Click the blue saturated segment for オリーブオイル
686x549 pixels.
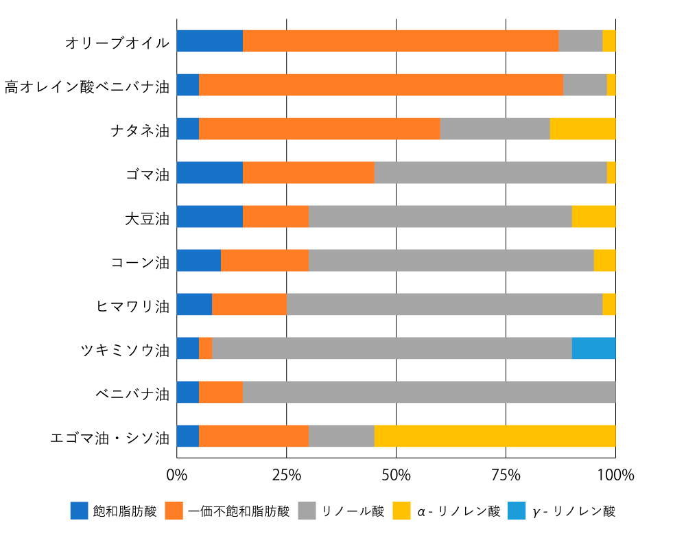tap(209, 41)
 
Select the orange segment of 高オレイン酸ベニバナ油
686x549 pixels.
tap(381, 85)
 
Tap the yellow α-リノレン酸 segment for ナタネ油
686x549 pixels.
tap(582, 129)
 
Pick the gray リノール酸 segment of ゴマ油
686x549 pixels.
tap(490, 173)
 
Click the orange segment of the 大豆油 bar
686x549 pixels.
tap(275, 217)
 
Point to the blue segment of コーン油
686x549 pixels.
tap(198, 261)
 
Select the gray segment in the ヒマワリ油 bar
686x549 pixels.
tap(444, 305)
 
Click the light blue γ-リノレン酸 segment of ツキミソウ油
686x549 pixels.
tap(593, 349)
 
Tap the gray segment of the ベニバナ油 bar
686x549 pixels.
tap(429, 393)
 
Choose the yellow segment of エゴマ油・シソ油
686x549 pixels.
tap(495, 436)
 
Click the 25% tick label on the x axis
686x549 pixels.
tap(286, 475)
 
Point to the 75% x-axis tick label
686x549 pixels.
tap(506, 475)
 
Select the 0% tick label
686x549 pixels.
tap(176, 475)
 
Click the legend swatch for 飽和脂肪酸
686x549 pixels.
tap(79, 511)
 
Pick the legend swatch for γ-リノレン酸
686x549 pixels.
tap(516, 511)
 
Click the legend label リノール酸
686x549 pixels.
tap(353, 512)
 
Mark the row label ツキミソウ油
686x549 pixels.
tap(124, 349)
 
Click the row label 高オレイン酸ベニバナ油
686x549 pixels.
tap(86, 86)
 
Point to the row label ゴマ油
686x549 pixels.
tap(147, 174)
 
